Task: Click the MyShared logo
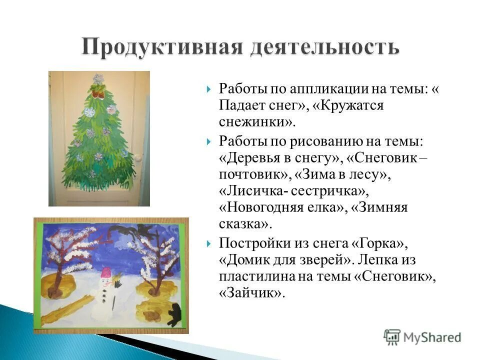coord(422,336)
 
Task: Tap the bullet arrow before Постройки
coord(208,243)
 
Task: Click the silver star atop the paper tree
coord(98,79)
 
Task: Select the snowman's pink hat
coord(106,273)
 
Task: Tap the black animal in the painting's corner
coord(174,314)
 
